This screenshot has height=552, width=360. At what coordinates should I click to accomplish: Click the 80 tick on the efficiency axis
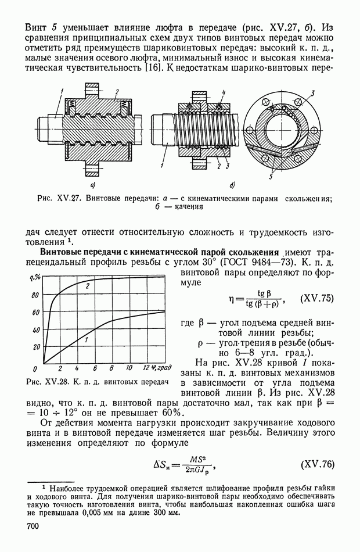[x=35, y=295]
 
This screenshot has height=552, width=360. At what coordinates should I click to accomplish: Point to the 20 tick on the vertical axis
[x=37, y=347]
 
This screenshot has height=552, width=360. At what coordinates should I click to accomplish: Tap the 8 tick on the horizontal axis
[x=111, y=369]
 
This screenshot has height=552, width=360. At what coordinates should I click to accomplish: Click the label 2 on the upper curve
[x=87, y=286]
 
